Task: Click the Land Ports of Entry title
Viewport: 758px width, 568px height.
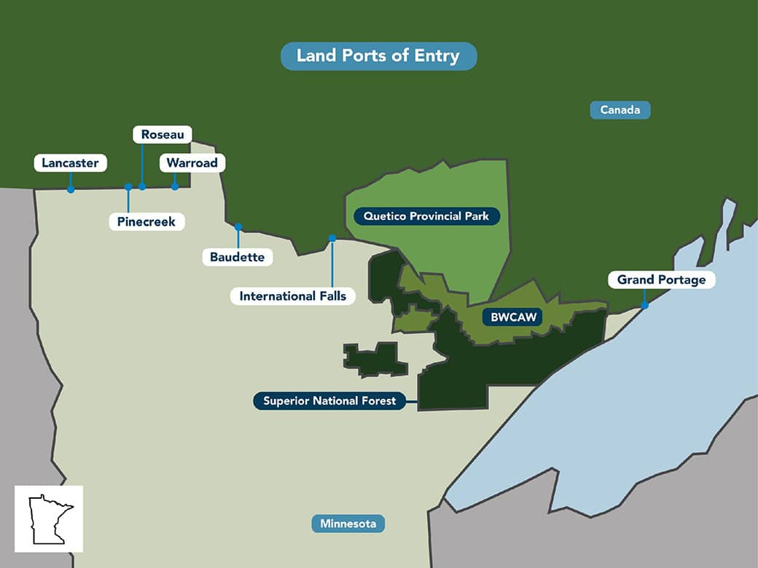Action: coord(378,56)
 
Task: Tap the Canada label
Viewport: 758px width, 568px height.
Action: coord(620,110)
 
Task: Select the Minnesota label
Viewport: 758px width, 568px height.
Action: coord(348,524)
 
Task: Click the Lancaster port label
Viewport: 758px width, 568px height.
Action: coord(70,163)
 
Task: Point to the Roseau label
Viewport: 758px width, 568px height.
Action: coord(162,135)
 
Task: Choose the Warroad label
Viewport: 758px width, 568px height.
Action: coord(192,163)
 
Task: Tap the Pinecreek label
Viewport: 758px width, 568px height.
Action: coord(146,221)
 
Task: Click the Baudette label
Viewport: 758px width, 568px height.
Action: coord(238,256)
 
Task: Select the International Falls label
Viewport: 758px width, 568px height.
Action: coord(293,296)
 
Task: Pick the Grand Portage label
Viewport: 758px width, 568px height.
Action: coord(661,280)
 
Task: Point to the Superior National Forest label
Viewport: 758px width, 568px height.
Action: coord(329,401)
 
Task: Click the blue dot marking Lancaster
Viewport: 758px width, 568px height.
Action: coord(71,189)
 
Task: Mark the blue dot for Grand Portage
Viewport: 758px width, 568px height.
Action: coord(644,305)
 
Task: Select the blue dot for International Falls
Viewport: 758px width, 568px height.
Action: coord(332,238)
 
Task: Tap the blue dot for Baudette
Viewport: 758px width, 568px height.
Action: coord(238,226)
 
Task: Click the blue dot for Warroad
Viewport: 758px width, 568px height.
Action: coord(175,186)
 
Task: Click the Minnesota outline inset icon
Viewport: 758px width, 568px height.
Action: coord(49,518)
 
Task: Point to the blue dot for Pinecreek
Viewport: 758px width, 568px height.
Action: coord(128,187)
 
